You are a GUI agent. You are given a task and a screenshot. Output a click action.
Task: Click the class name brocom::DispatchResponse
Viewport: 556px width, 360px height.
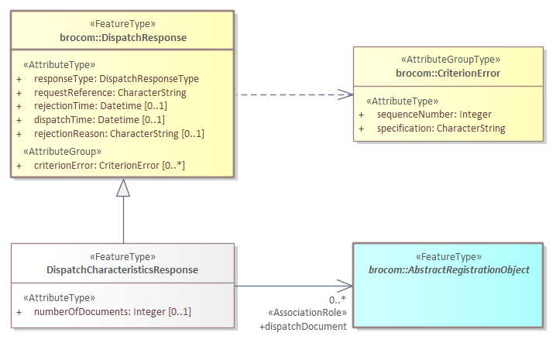click(123, 37)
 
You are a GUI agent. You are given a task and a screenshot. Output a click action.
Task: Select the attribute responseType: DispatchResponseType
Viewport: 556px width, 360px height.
click(116, 78)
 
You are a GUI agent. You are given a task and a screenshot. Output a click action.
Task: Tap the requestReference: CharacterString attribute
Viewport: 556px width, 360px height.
click(110, 92)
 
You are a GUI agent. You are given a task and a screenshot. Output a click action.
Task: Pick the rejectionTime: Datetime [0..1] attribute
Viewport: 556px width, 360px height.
click(100, 106)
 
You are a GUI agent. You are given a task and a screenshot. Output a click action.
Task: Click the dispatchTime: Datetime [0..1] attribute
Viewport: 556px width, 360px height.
click(99, 120)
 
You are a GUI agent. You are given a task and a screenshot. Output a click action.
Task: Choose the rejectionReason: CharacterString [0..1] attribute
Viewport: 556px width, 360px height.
click(118, 134)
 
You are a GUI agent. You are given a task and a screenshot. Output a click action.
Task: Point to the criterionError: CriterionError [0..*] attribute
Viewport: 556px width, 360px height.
click(109, 166)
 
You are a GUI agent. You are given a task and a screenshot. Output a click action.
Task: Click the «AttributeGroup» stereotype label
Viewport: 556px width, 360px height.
click(63, 151)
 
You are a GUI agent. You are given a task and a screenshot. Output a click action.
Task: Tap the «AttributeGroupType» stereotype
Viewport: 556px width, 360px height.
click(449, 60)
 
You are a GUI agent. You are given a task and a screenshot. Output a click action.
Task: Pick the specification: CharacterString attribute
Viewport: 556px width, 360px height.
click(441, 129)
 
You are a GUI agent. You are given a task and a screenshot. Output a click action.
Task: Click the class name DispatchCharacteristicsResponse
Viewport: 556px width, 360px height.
click(122, 270)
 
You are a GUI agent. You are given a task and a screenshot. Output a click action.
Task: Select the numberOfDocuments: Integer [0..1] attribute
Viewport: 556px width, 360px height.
click(112, 311)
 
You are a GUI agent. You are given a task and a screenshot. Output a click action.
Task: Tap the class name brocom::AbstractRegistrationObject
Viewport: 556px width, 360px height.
click(448, 270)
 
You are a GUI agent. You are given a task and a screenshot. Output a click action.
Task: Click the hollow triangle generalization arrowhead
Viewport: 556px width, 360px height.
click(123, 187)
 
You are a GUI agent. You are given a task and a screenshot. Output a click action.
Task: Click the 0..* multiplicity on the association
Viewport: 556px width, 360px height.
click(338, 300)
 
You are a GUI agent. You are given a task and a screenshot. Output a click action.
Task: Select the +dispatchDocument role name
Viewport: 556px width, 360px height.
click(303, 327)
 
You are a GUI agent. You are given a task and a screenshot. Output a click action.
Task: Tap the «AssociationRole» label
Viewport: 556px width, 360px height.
click(307, 314)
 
